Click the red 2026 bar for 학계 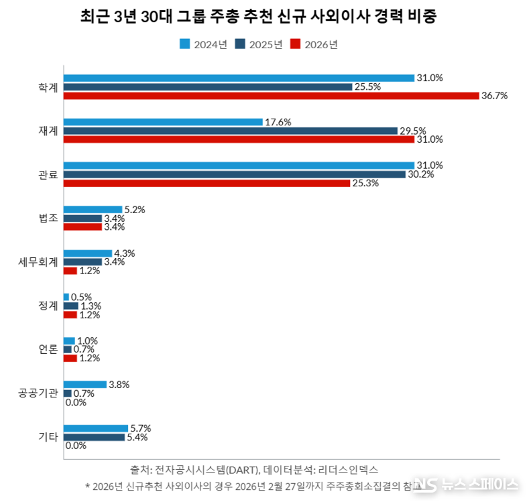271,96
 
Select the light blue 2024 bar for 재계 163,122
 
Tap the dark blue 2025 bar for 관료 234,174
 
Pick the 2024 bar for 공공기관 85,385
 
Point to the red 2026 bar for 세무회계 70,271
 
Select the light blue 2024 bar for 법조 93,210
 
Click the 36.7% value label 494,96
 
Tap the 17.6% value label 278,122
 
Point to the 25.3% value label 365,183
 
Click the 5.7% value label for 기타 141,428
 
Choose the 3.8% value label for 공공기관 119,385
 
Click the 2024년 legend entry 204,44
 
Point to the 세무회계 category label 38,261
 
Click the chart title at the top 258,17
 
